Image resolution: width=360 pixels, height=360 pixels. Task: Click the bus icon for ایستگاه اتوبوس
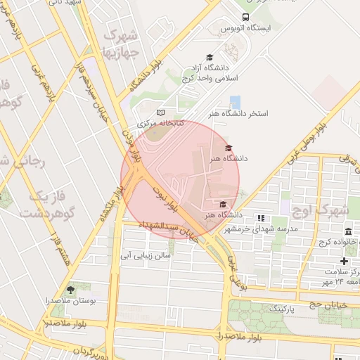point(245,17)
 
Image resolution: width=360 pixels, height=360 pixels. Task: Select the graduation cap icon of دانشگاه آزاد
point(209,57)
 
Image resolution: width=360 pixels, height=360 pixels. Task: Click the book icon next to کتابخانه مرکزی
point(160,112)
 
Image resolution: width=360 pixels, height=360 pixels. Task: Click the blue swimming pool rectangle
point(235,102)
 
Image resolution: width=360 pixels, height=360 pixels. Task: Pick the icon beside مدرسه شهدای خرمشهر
point(261,218)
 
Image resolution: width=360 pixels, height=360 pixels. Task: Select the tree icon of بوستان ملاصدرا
point(70,289)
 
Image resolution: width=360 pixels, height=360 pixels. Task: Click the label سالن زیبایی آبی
point(146,256)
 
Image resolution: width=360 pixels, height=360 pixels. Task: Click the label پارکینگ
point(270,308)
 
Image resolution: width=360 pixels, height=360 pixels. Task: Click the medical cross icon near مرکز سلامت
point(344,261)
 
